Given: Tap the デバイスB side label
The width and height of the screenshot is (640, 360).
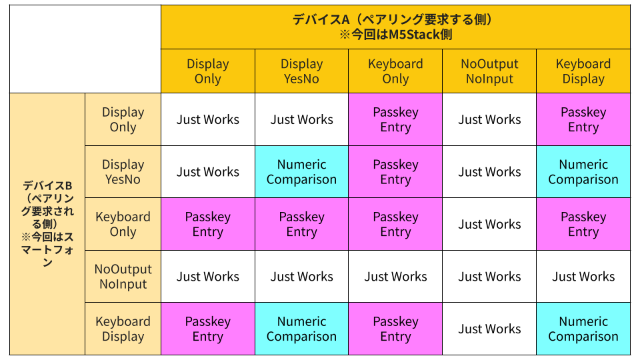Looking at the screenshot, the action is (x=47, y=224).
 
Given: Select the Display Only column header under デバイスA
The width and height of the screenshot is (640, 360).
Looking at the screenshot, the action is (x=208, y=71).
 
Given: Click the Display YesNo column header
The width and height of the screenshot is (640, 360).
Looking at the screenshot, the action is (x=301, y=71).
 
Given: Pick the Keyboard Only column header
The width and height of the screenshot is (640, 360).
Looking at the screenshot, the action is (x=395, y=71).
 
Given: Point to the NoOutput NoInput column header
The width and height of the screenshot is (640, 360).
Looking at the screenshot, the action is (x=489, y=71).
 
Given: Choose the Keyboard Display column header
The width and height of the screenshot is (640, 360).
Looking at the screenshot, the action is (x=583, y=71).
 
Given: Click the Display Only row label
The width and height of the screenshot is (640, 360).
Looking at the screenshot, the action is (x=123, y=119).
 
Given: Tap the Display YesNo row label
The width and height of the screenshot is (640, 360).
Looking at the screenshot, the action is (x=123, y=171).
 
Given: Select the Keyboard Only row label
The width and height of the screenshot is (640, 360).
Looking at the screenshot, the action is (x=123, y=224).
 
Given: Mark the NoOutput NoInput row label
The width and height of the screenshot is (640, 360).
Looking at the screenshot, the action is (x=123, y=276).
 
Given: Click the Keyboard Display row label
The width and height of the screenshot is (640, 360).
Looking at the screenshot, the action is (x=123, y=329).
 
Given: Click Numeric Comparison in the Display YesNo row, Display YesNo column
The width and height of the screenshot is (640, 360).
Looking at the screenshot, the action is (x=301, y=171).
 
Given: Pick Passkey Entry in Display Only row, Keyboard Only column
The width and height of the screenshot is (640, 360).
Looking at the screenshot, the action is (x=395, y=119).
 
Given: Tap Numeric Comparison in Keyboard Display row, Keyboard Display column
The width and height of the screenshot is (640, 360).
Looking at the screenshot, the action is (x=583, y=329).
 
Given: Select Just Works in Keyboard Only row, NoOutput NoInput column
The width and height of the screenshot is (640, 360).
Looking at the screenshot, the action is (x=489, y=224).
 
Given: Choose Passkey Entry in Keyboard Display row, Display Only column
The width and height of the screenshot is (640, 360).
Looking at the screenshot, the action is (x=208, y=329).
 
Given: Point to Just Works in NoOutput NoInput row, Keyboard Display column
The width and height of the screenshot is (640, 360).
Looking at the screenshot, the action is (x=583, y=276).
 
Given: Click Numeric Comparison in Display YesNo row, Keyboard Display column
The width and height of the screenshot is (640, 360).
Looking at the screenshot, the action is (x=583, y=171).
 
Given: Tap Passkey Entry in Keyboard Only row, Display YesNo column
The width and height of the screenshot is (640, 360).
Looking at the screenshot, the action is (x=301, y=224).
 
